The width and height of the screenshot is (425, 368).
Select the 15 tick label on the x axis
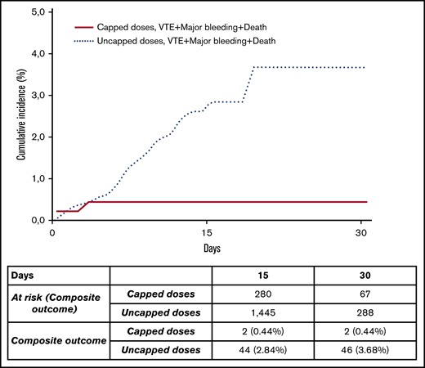[x=207, y=231]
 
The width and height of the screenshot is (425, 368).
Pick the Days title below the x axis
[x=207, y=245]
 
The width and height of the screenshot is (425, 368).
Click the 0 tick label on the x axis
[x=51, y=231]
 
